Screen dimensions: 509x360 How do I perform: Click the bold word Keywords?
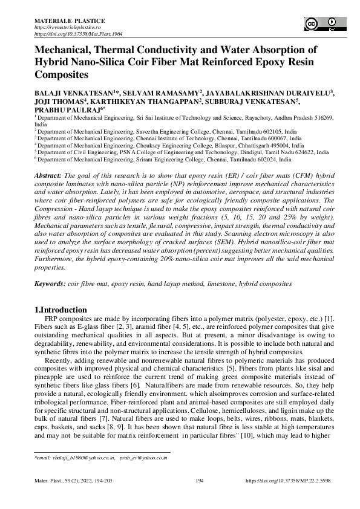[50, 284]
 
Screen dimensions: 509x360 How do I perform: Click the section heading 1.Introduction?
[61, 310]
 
